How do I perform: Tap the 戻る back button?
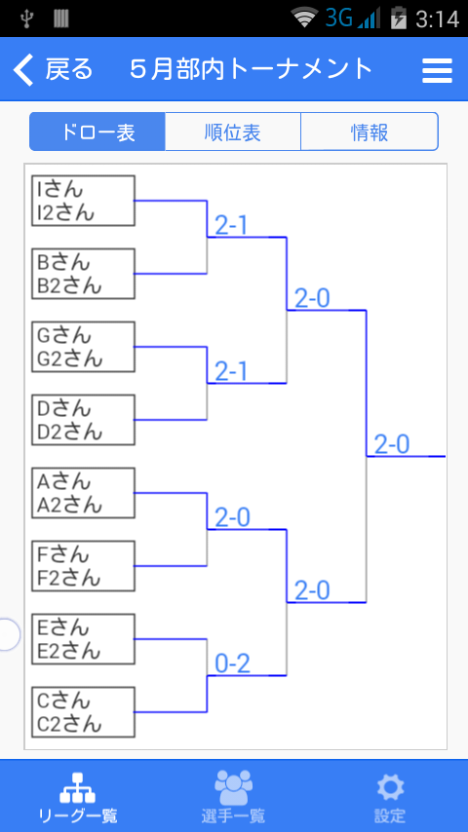tap(53, 69)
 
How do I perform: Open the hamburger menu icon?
tap(437, 70)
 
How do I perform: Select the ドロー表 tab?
tap(97, 132)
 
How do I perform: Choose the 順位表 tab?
tap(233, 132)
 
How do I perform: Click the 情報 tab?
tap(370, 132)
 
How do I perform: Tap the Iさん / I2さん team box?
tap(83, 201)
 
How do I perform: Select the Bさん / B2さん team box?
tap(83, 274)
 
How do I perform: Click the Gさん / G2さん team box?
tap(83, 347)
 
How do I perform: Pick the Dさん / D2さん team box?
tap(83, 420)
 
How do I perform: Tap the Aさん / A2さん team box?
tap(83, 493)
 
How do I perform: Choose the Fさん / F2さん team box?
tap(83, 566)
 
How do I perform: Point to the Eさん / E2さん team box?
tap(83, 639)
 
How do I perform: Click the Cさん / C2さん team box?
tap(83, 712)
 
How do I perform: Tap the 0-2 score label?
tap(232, 663)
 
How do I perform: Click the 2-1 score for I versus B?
tap(231, 226)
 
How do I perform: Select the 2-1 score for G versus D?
tap(231, 372)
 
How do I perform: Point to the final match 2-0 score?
tap(392, 444)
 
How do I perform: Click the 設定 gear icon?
tap(390, 788)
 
